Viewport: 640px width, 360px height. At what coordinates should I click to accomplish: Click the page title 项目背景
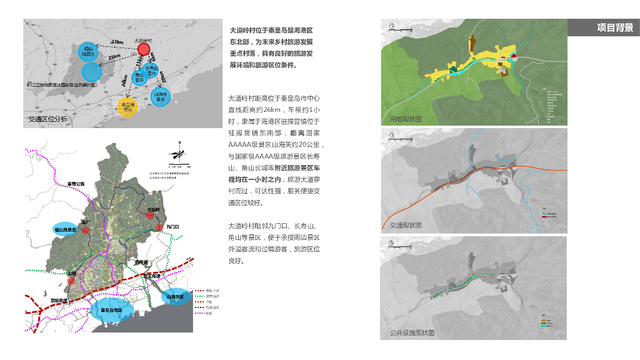615,27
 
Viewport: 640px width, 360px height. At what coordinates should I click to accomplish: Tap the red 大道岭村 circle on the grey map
144,49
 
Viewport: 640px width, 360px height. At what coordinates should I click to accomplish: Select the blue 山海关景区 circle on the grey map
161,96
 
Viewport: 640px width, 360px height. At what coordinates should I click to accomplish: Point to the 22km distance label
117,42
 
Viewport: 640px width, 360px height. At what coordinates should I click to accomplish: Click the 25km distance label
114,57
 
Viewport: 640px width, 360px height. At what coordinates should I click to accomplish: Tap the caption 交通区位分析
47,119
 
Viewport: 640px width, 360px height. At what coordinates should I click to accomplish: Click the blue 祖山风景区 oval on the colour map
65,230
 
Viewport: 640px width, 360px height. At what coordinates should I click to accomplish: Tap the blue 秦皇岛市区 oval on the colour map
110,310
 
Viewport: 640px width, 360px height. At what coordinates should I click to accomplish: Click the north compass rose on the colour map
179,153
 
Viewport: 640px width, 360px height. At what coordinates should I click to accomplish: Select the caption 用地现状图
406,119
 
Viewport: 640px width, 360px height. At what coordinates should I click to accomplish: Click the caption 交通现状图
406,225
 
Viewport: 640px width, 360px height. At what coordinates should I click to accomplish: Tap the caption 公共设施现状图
412,333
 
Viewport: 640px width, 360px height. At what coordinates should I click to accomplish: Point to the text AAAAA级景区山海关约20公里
273,144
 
